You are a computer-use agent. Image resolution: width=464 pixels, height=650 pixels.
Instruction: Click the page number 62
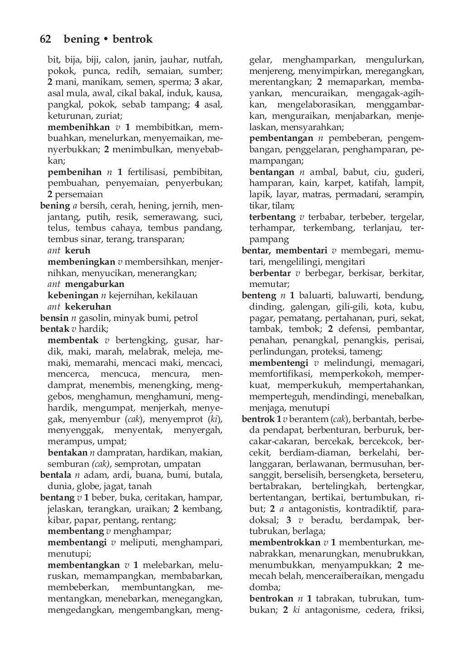tap(45, 39)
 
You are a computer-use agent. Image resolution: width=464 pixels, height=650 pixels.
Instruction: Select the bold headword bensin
tap(54, 318)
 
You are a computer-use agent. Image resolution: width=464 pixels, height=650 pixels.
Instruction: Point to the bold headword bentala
tap(56, 475)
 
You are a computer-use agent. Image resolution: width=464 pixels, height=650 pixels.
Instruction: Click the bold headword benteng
tap(259, 296)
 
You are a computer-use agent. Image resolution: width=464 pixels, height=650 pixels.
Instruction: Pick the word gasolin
tap(94, 318)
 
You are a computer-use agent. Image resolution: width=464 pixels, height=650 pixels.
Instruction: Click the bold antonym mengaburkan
tap(95, 284)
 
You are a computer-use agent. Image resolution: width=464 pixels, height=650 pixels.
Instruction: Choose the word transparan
tap(160, 239)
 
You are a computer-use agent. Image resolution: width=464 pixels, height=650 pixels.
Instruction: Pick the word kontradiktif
tap(362, 509)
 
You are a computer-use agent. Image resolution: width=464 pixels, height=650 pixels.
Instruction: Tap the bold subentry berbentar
tap(270, 273)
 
